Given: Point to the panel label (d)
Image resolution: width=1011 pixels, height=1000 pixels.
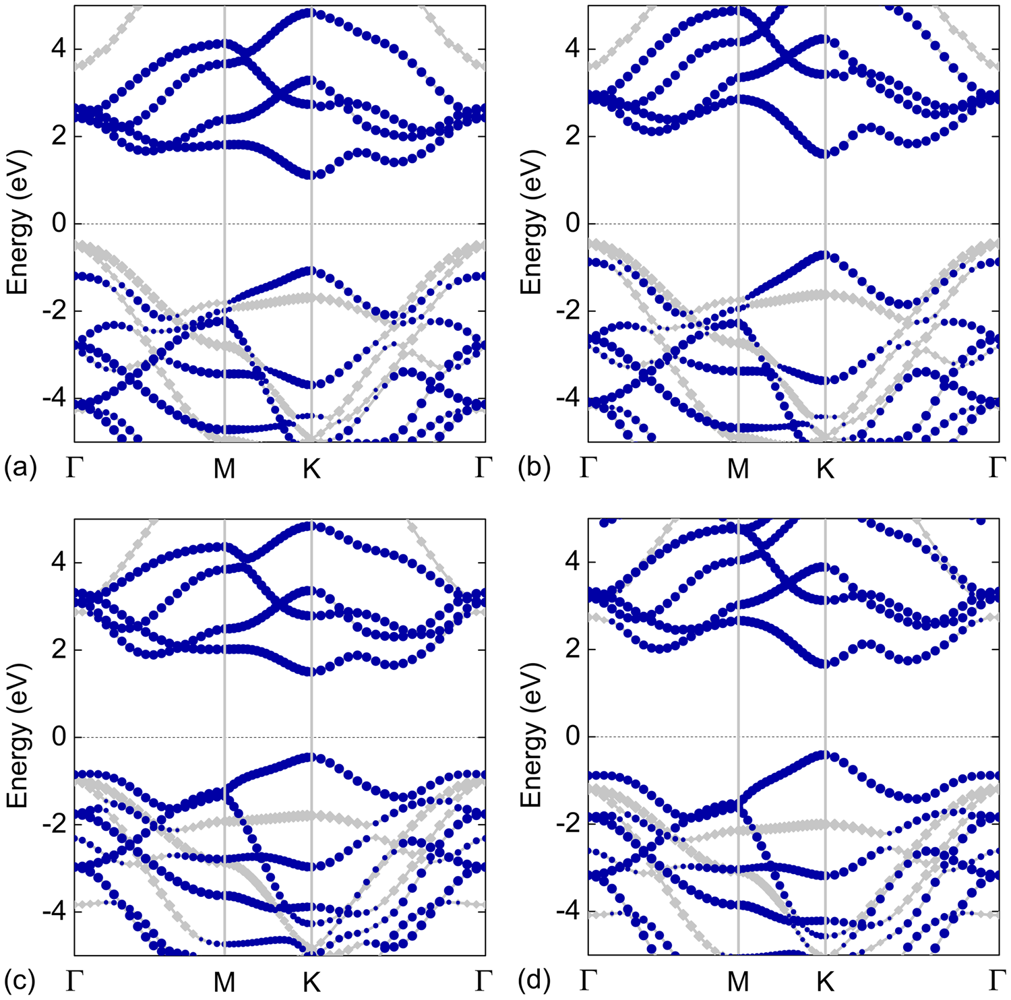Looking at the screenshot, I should (534, 981).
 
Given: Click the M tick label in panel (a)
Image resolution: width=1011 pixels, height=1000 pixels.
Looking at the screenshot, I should (224, 468).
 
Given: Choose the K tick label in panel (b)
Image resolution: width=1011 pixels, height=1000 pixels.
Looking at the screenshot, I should (825, 468).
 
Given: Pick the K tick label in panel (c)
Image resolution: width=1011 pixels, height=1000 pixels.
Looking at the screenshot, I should (311, 982).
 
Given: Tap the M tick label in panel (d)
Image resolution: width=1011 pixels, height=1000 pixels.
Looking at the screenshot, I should (739, 982).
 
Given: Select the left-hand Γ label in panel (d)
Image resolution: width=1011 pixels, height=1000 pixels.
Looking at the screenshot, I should (588, 980).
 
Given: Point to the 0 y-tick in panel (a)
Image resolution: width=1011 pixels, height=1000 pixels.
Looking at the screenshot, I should (59, 223).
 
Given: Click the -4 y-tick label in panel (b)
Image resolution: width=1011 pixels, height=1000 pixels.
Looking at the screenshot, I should (569, 398).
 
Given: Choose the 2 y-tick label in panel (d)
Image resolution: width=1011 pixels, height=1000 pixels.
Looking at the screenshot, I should (573, 650).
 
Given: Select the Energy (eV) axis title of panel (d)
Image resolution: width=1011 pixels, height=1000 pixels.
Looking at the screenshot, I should (532, 737).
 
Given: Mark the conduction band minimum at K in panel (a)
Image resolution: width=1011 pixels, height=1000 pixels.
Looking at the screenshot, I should (311, 175).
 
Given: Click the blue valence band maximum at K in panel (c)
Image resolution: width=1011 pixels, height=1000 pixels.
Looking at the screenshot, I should (311, 757).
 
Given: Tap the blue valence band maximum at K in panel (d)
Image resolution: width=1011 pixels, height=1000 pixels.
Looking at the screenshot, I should (825, 755).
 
